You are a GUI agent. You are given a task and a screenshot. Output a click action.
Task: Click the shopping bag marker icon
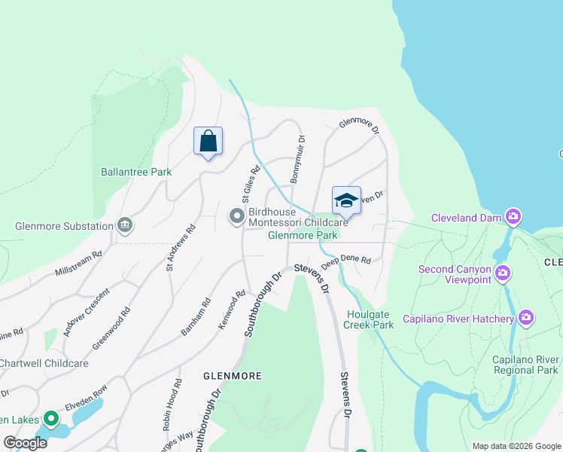point(208,141)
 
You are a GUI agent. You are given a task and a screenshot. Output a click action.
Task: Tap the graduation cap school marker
point(346,200)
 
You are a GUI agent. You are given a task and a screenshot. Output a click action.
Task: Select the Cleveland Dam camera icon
point(513,218)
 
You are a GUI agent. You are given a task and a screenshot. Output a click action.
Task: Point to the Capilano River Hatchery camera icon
point(526,318)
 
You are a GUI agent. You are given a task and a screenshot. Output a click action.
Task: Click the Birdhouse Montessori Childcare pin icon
point(237,217)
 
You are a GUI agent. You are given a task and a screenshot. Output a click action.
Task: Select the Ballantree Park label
point(136,172)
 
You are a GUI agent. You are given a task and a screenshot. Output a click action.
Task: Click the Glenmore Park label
point(301,235)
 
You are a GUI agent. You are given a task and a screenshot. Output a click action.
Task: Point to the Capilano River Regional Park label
point(526,364)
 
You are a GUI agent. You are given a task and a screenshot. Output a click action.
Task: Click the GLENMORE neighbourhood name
point(232,374)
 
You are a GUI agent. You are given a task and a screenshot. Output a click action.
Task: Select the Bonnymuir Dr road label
point(297,159)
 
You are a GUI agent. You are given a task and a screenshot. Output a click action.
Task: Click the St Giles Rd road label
point(250,185)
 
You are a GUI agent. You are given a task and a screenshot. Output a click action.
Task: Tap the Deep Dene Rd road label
point(346,262)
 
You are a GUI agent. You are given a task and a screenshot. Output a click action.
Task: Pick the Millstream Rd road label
point(78,264)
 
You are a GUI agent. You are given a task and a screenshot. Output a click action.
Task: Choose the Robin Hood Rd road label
point(172,404)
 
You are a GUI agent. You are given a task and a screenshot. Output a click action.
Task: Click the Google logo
point(26,443)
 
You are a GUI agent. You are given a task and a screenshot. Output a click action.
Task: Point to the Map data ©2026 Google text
point(516,446)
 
